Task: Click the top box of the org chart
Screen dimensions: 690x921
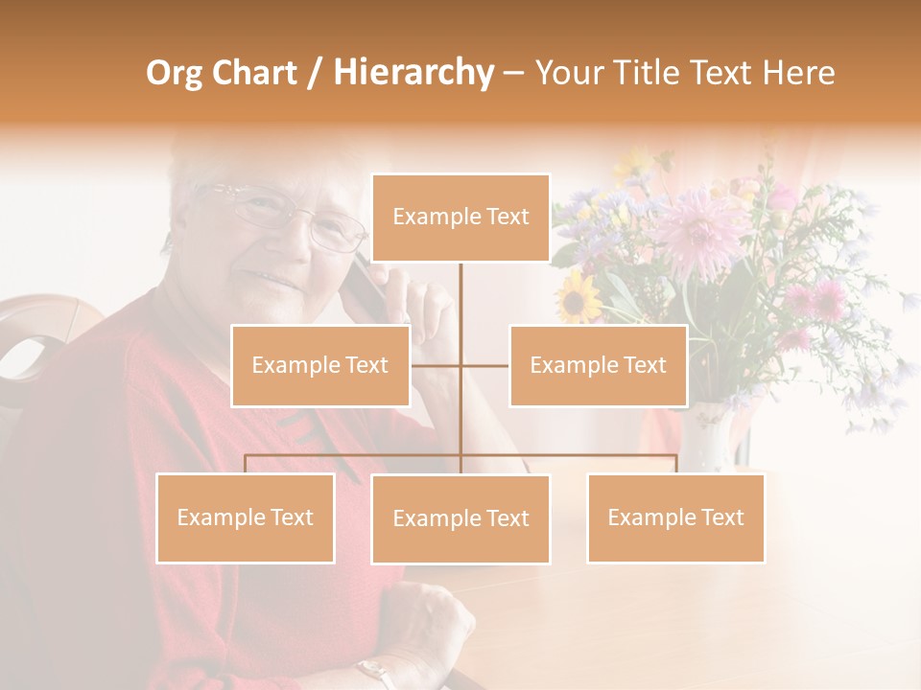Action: (x=460, y=218)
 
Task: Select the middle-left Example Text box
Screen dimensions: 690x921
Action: (x=320, y=365)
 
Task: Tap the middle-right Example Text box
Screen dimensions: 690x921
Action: (x=598, y=365)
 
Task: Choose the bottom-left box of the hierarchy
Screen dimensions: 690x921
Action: (x=246, y=517)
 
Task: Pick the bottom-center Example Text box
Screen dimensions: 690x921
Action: (x=460, y=518)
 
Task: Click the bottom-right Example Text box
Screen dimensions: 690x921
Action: (x=675, y=517)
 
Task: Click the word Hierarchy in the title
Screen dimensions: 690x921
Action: (x=413, y=73)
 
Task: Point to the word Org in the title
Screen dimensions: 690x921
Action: (x=175, y=73)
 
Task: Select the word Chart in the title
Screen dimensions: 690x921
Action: (x=251, y=73)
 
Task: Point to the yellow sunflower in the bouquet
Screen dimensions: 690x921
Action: (x=579, y=296)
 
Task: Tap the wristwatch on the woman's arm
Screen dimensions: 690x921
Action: (x=374, y=671)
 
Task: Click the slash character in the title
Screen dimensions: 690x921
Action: (x=315, y=73)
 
